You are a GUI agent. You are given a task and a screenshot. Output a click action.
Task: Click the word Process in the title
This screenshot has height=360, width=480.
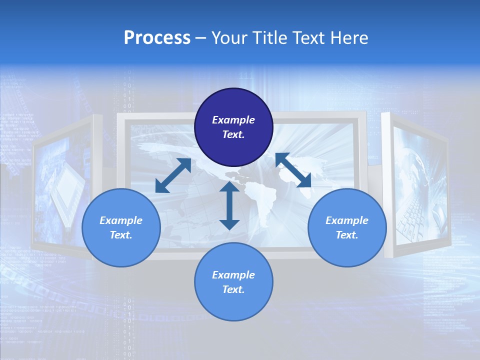click(x=157, y=38)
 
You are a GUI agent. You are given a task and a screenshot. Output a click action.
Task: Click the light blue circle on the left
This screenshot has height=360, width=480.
click(x=121, y=227)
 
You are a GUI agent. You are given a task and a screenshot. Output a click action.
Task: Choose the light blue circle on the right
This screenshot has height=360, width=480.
click(x=347, y=227)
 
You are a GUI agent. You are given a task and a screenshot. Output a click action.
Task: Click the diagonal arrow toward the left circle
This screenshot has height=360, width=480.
click(x=173, y=175)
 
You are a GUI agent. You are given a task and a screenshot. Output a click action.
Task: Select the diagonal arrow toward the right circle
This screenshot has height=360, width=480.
click(x=293, y=170)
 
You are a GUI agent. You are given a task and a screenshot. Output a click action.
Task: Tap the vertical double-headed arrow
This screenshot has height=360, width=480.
click(x=229, y=205)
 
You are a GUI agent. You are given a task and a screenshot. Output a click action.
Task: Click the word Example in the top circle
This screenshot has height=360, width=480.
click(x=233, y=120)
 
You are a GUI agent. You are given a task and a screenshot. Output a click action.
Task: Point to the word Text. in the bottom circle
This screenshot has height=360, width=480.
click(x=233, y=289)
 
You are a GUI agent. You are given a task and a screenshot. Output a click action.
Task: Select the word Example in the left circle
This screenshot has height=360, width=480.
click(x=121, y=220)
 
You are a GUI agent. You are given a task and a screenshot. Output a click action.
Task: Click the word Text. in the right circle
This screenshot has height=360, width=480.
click(x=347, y=235)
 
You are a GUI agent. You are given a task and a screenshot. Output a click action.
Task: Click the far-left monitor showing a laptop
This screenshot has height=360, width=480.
click(x=62, y=185)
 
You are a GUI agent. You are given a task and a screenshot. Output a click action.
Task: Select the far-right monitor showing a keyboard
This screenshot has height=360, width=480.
click(x=417, y=185)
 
